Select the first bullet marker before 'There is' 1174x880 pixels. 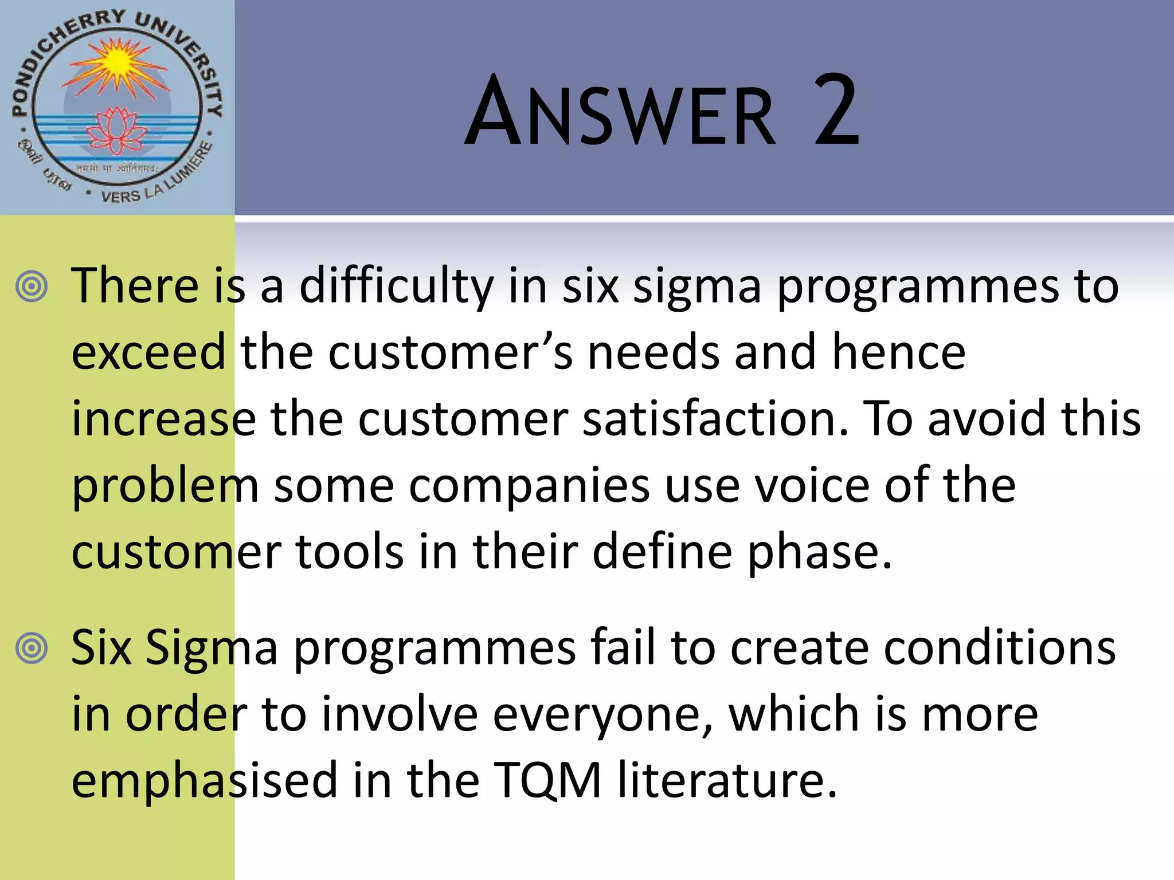point(32,286)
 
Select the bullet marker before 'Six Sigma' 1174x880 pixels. point(32,649)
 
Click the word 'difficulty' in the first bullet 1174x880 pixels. point(396,286)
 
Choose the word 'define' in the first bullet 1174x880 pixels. point(662,552)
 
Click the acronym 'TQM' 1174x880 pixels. point(547,780)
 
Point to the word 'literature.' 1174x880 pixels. point(727,780)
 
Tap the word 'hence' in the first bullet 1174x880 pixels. point(898,352)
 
